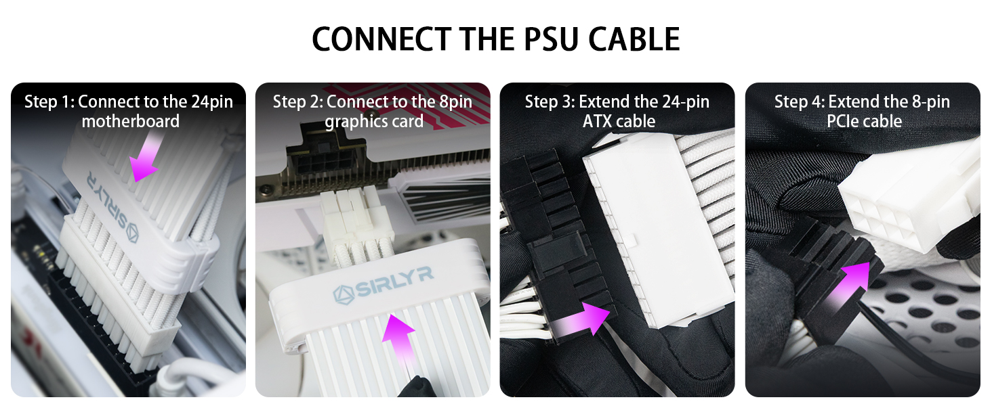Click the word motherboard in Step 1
tap(130, 121)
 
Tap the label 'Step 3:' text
tap(549, 102)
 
